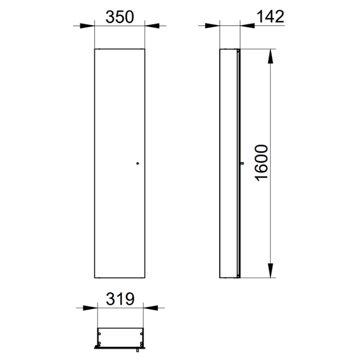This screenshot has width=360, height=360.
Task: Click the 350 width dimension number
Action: pyautogui.click(x=120, y=17)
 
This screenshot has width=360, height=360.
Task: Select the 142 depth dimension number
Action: pyautogui.click(x=270, y=16)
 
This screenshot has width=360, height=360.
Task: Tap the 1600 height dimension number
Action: pyautogui.click(x=262, y=163)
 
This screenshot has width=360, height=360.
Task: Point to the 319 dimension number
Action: pyautogui.click(x=120, y=299)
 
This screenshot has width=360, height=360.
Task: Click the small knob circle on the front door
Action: pyautogui.click(x=138, y=164)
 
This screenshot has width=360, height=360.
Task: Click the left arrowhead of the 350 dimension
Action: pyautogui.click(x=87, y=26)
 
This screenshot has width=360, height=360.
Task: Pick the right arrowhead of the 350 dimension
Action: pyautogui.click(x=152, y=26)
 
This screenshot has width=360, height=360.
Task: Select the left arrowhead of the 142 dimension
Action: pyautogui.click(x=212, y=26)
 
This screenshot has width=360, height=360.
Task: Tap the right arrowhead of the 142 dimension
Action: pyautogui.click(x=248, y=26)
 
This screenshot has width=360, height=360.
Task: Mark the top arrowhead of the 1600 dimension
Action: pyautogui.click(x=271, y=56)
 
